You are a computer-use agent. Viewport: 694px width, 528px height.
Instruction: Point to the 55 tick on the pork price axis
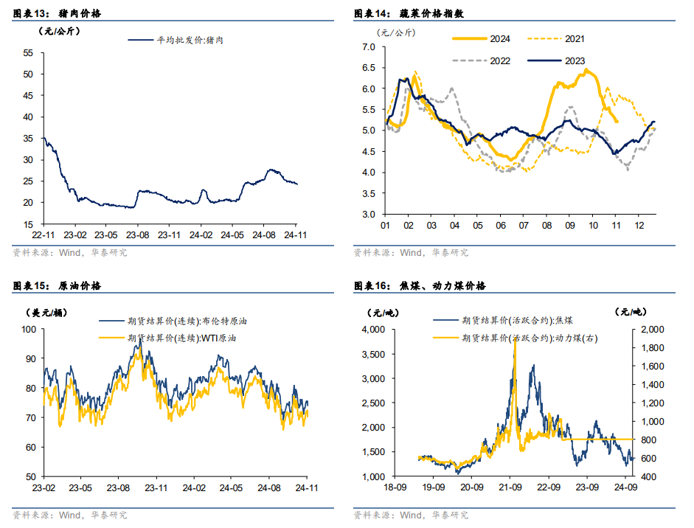click(x=28, y=53)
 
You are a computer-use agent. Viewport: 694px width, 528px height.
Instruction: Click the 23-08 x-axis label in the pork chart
click(x=139, y=233)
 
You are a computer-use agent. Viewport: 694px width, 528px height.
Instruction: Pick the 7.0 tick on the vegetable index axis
click(x=368, y=47)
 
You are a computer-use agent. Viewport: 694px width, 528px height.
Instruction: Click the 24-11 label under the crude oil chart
click(x=307, y=487)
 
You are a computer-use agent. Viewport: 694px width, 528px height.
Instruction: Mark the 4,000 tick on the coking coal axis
click(x=374, y=330)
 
